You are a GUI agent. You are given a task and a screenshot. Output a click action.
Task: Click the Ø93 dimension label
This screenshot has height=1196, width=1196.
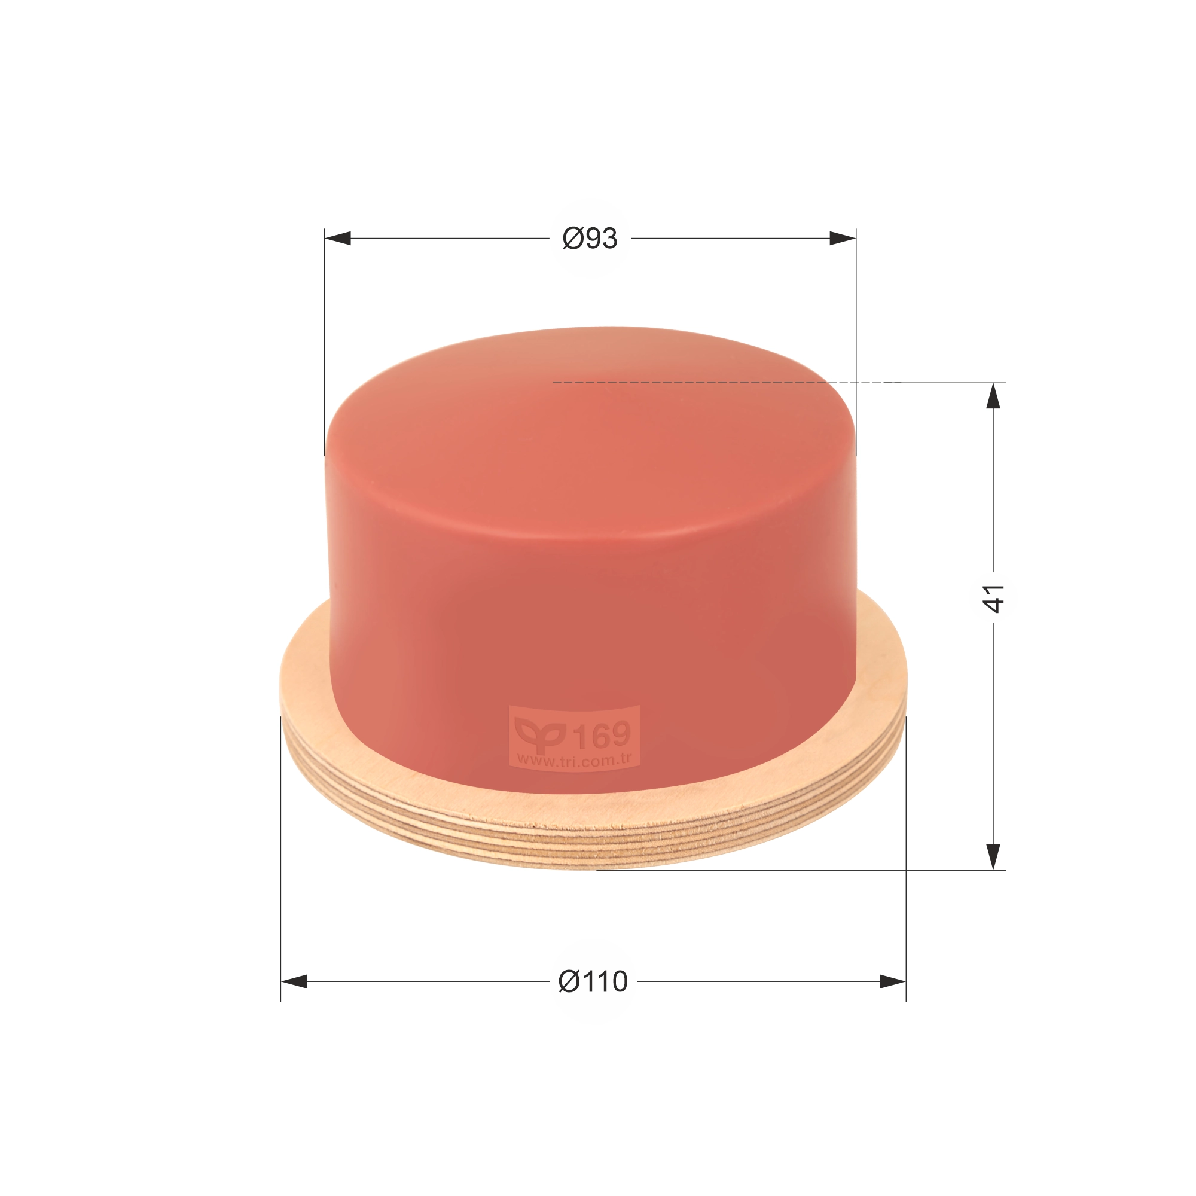(x=590, y=239)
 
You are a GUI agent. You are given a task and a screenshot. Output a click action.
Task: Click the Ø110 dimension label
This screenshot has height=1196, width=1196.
(x=593, y=982)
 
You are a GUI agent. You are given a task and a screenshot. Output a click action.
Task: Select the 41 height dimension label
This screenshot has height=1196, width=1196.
(x=993, y=598)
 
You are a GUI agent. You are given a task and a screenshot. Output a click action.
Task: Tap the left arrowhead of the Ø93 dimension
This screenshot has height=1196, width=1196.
(x=337, y=239)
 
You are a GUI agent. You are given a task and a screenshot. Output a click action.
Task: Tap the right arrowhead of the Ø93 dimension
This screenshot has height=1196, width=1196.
(x=843, y=239)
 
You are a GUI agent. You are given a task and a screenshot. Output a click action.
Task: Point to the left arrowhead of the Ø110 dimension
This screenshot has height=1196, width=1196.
(x=294, y=982)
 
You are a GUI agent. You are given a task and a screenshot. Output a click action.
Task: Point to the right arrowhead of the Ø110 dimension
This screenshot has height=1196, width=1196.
(x=893, y=982)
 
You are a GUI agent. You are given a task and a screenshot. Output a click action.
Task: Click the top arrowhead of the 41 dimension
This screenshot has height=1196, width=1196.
(x=993, y=395)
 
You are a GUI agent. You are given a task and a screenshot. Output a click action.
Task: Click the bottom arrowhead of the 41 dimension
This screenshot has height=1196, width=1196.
(x=993, y=857)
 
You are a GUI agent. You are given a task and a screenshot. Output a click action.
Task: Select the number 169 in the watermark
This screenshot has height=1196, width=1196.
(x=602, y=735)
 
